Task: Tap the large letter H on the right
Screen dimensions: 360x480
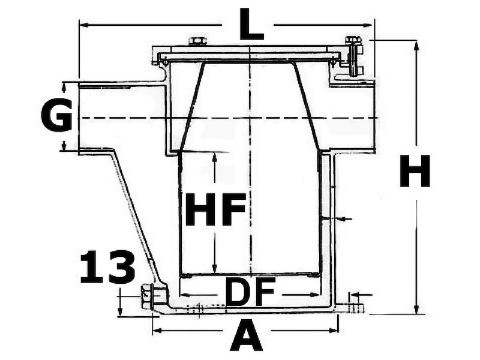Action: pyautogui.click(x=415, y=172)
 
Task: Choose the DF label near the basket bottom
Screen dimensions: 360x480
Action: pyautogui.click(x=250, y=293)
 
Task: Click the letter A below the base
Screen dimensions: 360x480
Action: pyautogui.click(x=247, y=336)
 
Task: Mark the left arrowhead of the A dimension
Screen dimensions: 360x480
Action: pyautogui.click(x=155, y=329)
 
